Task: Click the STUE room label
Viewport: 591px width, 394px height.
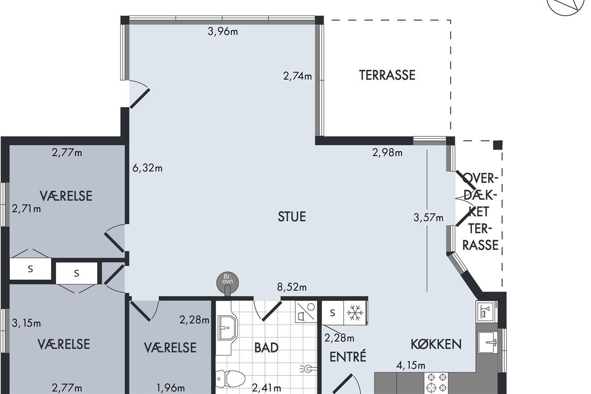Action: [x=292, y=216]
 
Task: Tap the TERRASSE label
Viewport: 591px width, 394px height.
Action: [x=387, y=75]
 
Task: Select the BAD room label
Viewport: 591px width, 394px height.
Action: [x=266, y=348]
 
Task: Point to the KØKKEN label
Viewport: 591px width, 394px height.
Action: [x=436, y=344]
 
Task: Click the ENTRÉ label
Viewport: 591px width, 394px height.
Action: [x=348, y=356]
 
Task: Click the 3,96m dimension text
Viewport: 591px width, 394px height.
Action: [x=223, y=32]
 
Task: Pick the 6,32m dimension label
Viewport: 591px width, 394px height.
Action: [x=147, y=168]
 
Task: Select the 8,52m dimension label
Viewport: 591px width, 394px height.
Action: [x=292, y=287]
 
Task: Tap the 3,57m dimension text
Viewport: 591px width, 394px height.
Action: [x=428, y=218]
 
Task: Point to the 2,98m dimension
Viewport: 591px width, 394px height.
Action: [x=387, y=153]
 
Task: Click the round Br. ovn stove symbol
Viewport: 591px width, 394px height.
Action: [x=228, y=282]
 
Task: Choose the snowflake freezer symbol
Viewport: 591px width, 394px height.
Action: [x=355, y=313]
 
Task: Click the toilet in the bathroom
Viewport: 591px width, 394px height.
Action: [x=230, y=379]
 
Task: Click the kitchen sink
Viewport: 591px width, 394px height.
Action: [x=488, y=343]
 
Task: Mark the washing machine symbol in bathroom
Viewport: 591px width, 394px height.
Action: [x=306, y=311]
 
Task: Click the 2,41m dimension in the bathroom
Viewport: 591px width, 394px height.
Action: [x=266, y=388]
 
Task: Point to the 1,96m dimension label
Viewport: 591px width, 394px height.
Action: [x=170, y=388]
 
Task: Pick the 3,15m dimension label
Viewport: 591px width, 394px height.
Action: [x=27, y=323]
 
